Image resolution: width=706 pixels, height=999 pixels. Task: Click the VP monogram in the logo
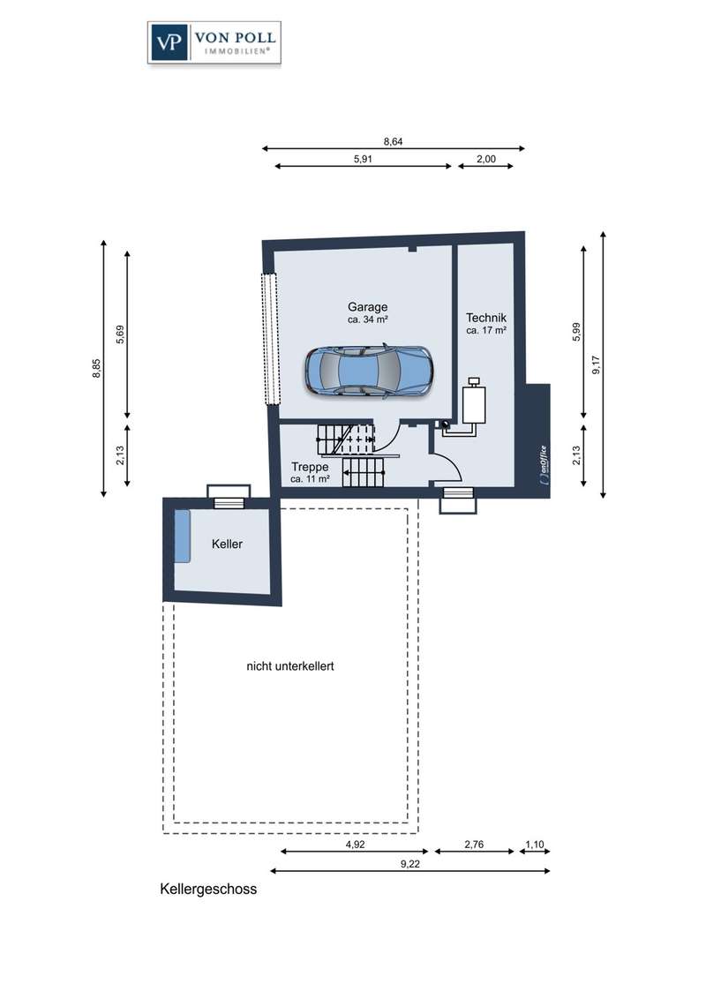click(x=169, y=42)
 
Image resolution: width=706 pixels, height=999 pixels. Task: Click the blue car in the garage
click(x=368, y=372)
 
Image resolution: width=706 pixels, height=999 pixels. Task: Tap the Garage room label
click(x=368, y=306)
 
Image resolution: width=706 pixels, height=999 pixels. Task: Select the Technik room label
click(x=486, y=318)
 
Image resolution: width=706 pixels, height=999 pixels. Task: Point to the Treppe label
click(x=310, y=467)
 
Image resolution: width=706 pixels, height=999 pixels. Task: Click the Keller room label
click(x=227, y=545)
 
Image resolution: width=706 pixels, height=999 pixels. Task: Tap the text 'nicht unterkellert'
click(x=290, y=666)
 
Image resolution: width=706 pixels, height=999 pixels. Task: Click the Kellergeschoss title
click(x=208, y=890)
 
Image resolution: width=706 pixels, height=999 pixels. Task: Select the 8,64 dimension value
click(x=393, y=141)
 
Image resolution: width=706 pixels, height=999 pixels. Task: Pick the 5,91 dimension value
click(x=363, y=159)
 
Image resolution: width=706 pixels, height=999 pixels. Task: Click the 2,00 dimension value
click(x=486, y=159)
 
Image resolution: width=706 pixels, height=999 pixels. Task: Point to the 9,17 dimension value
click(x=597, y=364)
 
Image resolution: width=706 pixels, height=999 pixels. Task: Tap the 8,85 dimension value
click(x=96, y=368)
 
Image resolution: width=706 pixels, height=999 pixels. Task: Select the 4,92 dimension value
click(x=355, y=845)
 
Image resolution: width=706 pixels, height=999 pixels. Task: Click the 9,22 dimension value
click(x=410, y=865)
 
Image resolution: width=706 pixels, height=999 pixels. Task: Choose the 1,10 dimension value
click(x=535, y=845)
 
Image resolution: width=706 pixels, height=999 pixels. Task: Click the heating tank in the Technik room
click(x=473, y=401)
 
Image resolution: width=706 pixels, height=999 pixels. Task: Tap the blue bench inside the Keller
click(x=182, y=536)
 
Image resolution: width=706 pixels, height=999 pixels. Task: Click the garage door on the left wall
click(x=272, y=339)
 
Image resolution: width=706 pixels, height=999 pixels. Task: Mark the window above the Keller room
click(x=229, y=496)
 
